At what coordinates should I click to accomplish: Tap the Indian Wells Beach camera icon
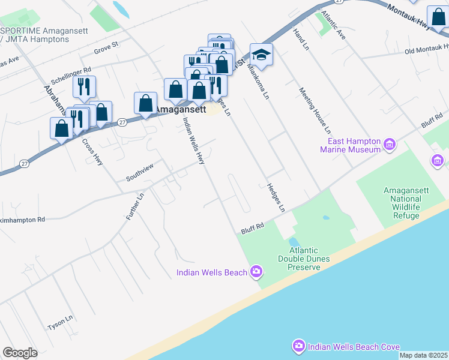tap(256, 272)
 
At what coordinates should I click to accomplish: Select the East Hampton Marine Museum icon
tap(390, 144)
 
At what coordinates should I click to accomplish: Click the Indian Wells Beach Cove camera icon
tap(299, 346)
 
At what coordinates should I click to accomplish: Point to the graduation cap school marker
tap(261, 55)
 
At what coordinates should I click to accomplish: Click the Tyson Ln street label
tap(60, 323)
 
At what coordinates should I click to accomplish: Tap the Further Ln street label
tap(136, 205)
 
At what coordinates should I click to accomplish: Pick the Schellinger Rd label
tap(71, 75)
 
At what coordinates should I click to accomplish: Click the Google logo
tap(20, 353)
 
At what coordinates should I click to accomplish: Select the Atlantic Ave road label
tap(334, 25)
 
